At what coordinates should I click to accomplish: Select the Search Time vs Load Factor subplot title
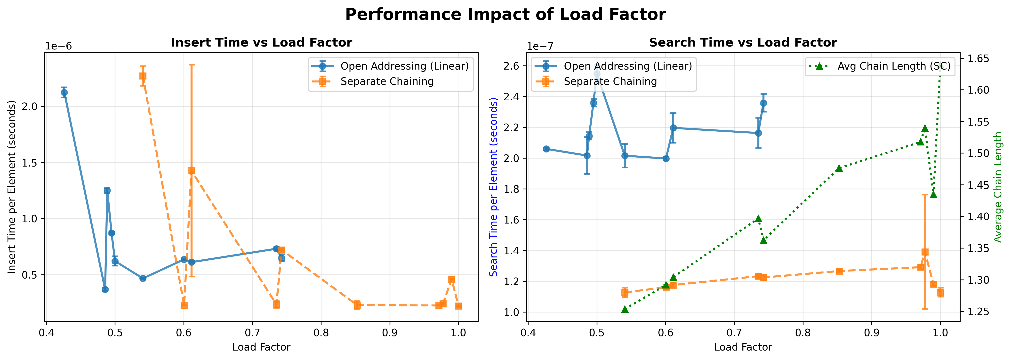(743, 42)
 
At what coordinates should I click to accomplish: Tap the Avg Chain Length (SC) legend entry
(894, 66)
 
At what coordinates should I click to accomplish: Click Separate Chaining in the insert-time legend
(387, 81)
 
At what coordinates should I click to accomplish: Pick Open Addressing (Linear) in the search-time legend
(627, 66)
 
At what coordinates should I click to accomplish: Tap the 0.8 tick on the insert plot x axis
(321, 333)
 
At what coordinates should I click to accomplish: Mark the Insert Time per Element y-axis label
(12, 187)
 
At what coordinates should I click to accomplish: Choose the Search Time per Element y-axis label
(494, 187)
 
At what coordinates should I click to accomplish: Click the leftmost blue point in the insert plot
(64, 93)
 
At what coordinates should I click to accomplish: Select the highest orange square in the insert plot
(143, 76)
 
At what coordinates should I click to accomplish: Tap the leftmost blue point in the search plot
(546, 149)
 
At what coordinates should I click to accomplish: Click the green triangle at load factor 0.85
(839, 168)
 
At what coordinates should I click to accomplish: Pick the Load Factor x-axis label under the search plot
(743, 347)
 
